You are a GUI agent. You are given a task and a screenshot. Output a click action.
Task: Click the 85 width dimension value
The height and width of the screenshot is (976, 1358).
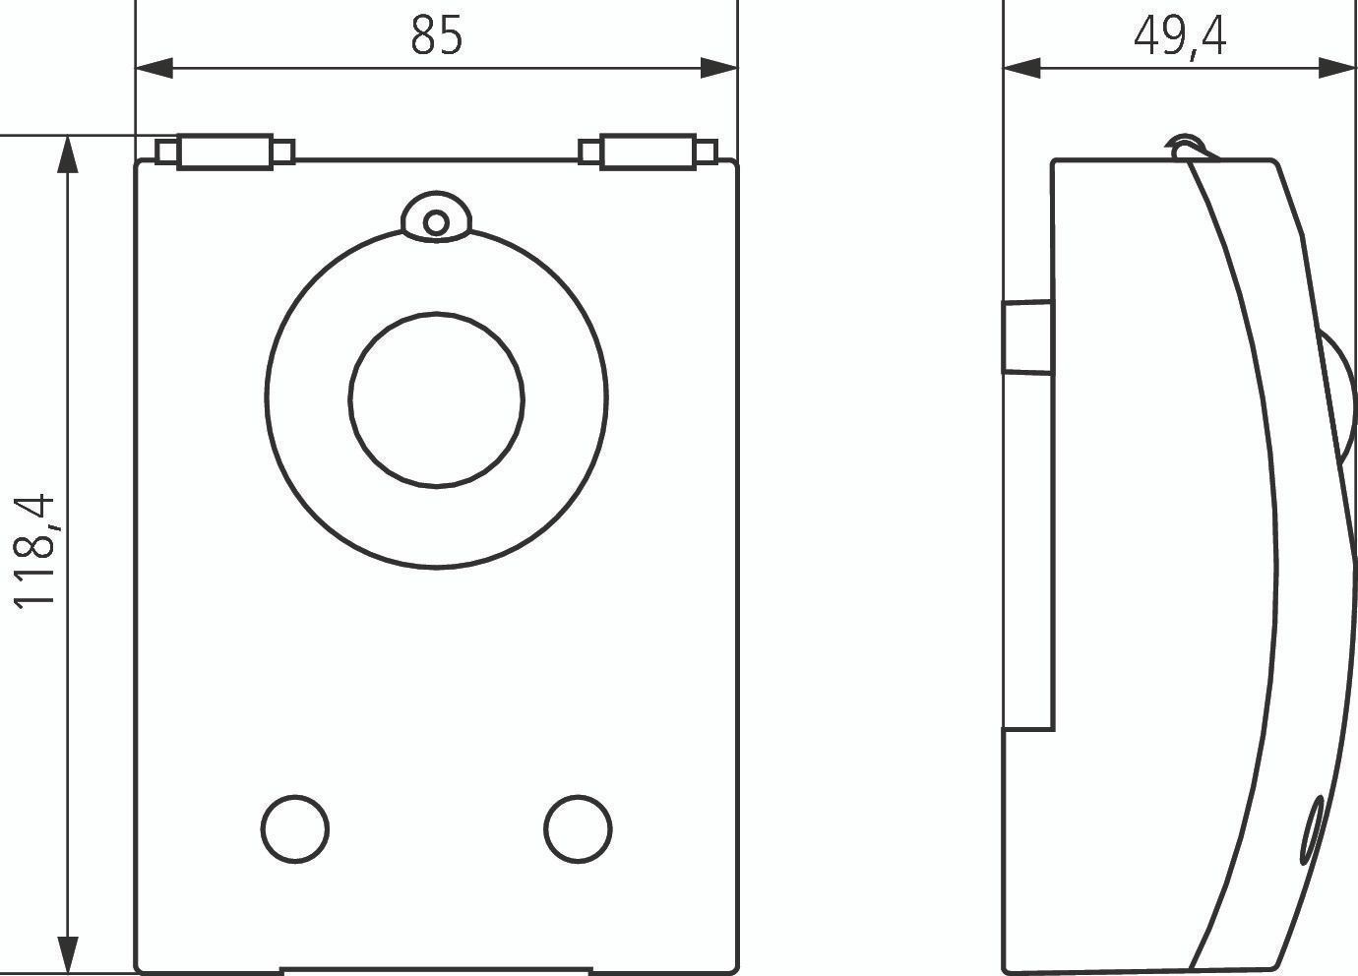coord(437,35)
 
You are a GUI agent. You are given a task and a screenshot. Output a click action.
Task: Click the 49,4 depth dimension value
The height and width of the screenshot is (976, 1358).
coord(1180,37)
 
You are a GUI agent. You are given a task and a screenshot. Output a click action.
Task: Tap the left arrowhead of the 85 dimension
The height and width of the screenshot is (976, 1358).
coord(154,69)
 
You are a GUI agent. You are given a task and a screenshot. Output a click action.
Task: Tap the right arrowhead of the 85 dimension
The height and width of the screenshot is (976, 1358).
coord(719,69)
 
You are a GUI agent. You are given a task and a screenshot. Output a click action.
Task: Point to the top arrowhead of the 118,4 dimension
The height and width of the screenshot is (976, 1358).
coord(67,154)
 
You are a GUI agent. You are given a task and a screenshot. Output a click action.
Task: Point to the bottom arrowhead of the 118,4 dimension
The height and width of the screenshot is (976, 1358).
coord(67,954)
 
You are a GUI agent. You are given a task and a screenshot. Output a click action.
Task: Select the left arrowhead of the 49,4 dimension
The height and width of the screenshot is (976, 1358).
coord(1022,69)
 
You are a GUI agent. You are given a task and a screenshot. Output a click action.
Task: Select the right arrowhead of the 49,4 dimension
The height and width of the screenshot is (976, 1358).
coord(1337,69)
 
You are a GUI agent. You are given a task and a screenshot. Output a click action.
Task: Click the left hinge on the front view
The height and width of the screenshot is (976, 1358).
coord(225,152)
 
